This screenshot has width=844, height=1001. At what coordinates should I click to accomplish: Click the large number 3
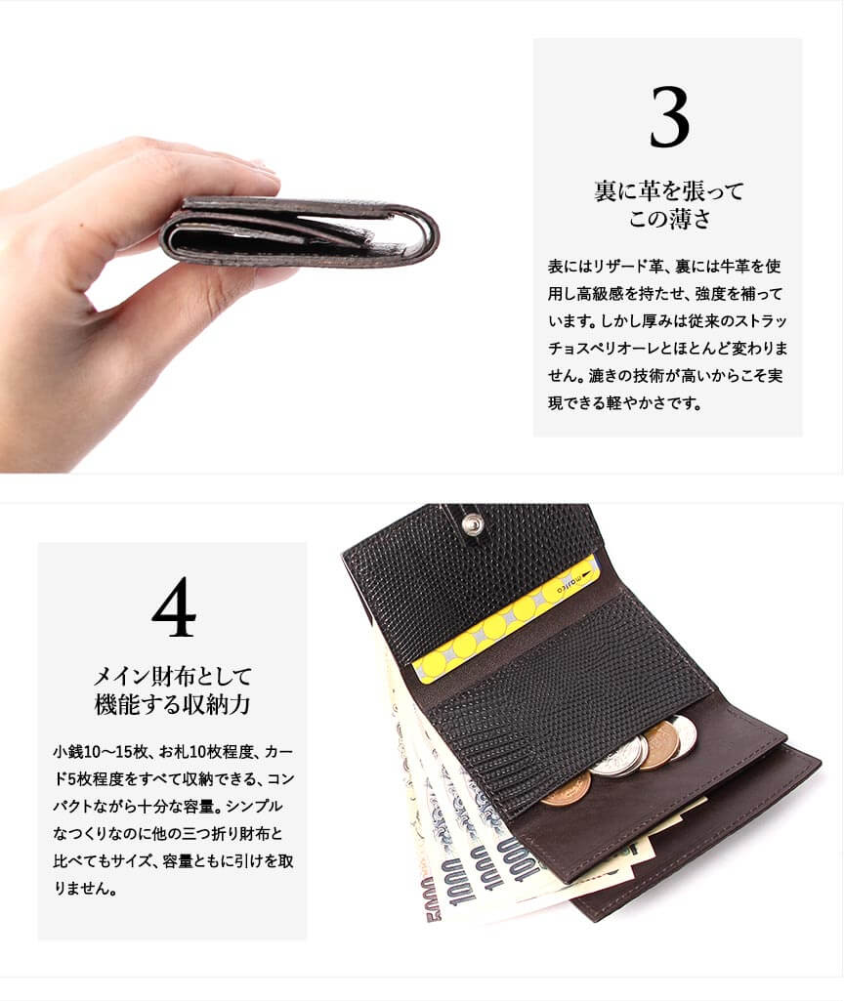(x=669, y=118)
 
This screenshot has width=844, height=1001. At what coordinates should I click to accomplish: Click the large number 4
(x=174, y=606)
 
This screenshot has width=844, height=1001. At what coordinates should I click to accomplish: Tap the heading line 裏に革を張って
(x=669, y=190)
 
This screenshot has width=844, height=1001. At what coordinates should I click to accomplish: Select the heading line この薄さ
(x=669, y=219)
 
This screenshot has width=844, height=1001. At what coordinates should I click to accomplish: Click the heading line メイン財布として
(x=172, y=676)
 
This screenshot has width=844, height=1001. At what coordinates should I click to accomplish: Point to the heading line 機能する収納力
(x=172, y=704)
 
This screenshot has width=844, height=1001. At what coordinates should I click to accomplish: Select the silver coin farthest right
(x=682, y=737)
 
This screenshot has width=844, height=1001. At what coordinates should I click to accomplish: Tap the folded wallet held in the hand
(x=299, y=231)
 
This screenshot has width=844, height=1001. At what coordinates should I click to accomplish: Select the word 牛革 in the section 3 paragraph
(x=735, y=267)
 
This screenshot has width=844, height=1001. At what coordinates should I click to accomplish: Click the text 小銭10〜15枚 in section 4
(x=101, y=751)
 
